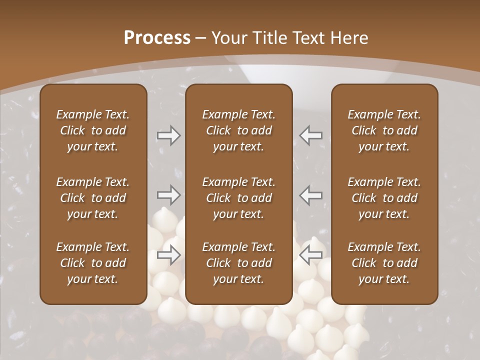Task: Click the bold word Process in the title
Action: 157,38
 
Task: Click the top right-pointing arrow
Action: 168,135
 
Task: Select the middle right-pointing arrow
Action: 168,195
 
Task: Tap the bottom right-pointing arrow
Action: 168,255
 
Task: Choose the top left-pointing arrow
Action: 311,135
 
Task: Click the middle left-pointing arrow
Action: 311,195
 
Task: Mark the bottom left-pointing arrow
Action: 311,255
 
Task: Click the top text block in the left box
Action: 93,130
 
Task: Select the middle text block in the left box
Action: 93,198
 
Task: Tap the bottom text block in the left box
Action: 93,263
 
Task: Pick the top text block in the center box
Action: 238,130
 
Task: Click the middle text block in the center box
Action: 238,198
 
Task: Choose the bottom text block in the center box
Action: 238,263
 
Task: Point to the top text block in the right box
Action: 384,130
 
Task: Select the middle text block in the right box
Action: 384,198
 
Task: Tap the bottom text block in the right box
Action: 384,263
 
